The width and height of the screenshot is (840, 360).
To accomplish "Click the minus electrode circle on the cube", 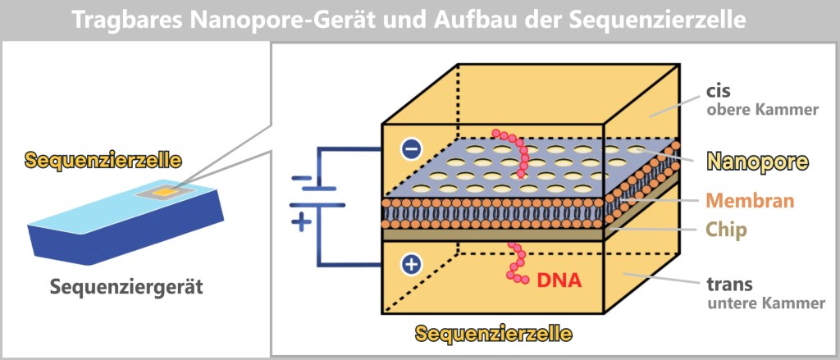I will point(411,148).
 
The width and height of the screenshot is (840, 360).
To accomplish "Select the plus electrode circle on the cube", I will point(411,264).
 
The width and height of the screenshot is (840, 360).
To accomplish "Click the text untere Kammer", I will point(765,303).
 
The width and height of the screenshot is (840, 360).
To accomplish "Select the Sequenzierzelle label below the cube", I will point(493,334).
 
